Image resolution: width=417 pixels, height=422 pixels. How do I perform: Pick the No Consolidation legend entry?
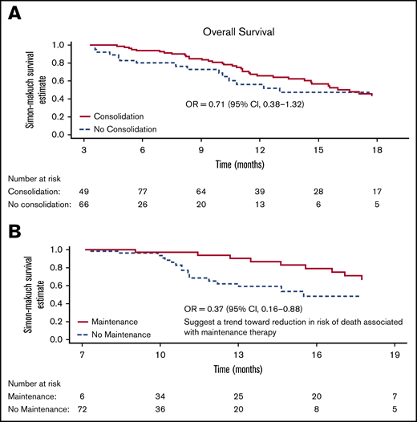(x=126, y=128)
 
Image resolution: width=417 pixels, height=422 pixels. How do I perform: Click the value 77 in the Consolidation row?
(x=142, y=193)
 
